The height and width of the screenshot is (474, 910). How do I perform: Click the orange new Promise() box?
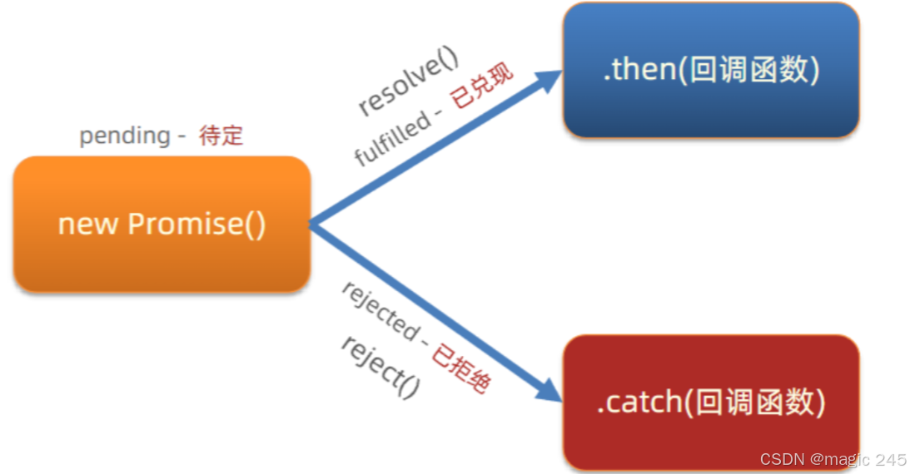162,225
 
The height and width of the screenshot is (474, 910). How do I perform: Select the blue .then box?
710,70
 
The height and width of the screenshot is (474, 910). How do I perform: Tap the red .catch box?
710,402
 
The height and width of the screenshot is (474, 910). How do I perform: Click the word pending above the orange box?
125,135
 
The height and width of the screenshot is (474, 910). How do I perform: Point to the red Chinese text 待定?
221,136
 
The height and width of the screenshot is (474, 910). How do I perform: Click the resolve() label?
409,84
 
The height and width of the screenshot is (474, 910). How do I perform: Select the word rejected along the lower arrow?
380,311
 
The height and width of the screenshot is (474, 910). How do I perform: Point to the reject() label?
380,365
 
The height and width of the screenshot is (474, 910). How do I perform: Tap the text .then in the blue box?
638,70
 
